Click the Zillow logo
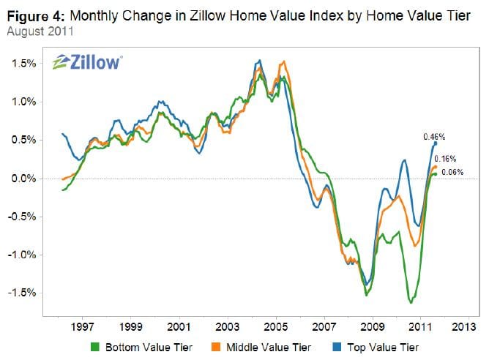pos(87,61)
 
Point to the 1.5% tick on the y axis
pos(26,64)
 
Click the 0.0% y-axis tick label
pos(26,179)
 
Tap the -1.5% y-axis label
pos(25,293)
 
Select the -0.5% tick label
pos(25,217)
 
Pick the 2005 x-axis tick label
pos(275,325)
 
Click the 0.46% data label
pos(435,136)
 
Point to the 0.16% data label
pos(446,159)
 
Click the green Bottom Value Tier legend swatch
pos(94,346)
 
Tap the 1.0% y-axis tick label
pos(26,102)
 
